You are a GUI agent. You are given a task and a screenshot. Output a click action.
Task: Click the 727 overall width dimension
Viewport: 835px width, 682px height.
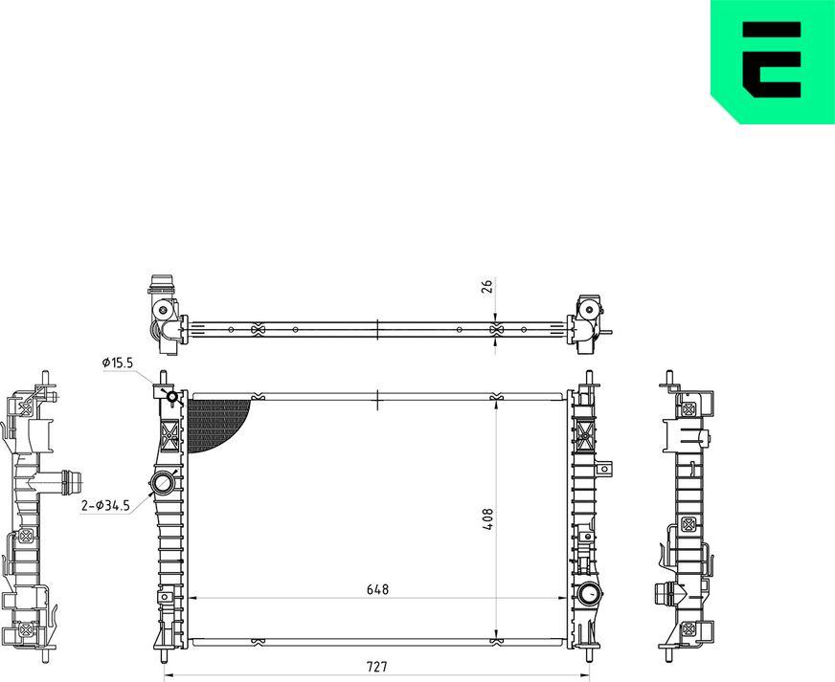coord(376,666)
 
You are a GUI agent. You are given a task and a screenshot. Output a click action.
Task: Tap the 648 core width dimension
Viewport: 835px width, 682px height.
coord(377,589)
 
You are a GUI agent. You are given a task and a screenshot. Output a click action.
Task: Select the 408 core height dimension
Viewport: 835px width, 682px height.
coord(487,519)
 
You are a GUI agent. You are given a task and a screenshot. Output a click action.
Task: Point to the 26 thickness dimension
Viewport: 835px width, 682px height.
coord(487,286)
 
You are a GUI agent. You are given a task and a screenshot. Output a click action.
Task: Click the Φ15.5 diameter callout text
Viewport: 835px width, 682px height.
coord(117,363)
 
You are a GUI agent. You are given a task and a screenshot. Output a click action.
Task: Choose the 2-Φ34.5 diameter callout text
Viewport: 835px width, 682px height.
coord(105,505)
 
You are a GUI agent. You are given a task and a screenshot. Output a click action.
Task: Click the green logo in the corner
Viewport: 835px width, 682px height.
coord(773,62)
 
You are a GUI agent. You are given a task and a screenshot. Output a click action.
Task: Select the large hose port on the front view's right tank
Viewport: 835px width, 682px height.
coord(590,594)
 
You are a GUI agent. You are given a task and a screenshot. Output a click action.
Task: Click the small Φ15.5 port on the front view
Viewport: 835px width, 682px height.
coord(172,397)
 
